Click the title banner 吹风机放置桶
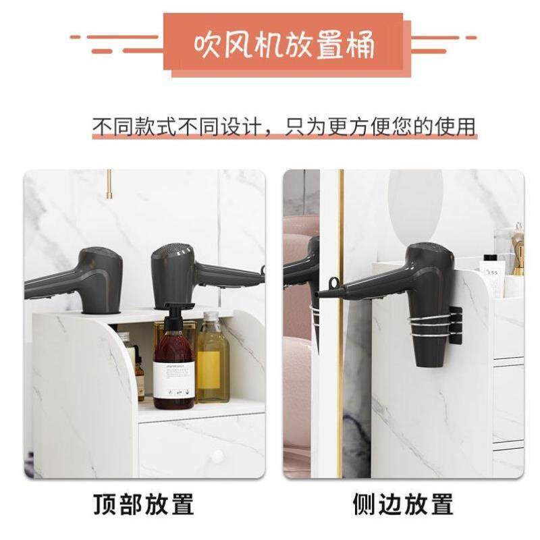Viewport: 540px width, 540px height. [283, 45]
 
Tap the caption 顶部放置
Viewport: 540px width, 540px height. [143, 504]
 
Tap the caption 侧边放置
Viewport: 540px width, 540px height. [402, 504]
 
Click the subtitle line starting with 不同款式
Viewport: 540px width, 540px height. [283, 126]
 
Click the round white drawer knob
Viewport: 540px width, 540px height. [217, 457]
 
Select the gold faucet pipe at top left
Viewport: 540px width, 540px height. [109, 184]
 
